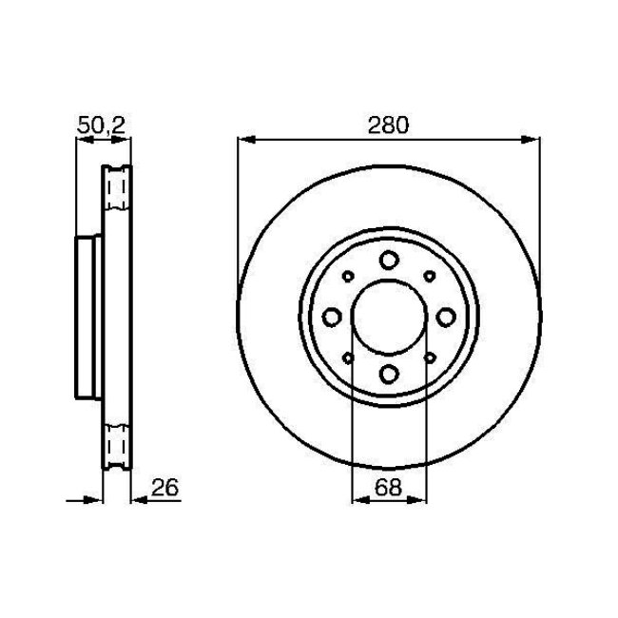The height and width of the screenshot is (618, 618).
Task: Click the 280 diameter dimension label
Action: click(x=388, y=125)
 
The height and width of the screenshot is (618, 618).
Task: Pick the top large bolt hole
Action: click(x=389, y=261)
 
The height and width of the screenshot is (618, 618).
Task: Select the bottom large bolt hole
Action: click(x=389, y=373)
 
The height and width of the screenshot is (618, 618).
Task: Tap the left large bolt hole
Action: click(x=333, y=317)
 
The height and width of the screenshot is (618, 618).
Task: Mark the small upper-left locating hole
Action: click(x=348, y=276)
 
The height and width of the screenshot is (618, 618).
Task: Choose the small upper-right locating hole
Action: click(x=430, y=276)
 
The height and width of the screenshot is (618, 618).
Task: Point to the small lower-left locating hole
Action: click(x=348, y=357)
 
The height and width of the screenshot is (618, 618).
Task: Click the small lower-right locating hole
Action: click(x=430, y=357)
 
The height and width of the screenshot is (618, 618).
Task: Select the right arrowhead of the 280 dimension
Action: click(x=531, y=141)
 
